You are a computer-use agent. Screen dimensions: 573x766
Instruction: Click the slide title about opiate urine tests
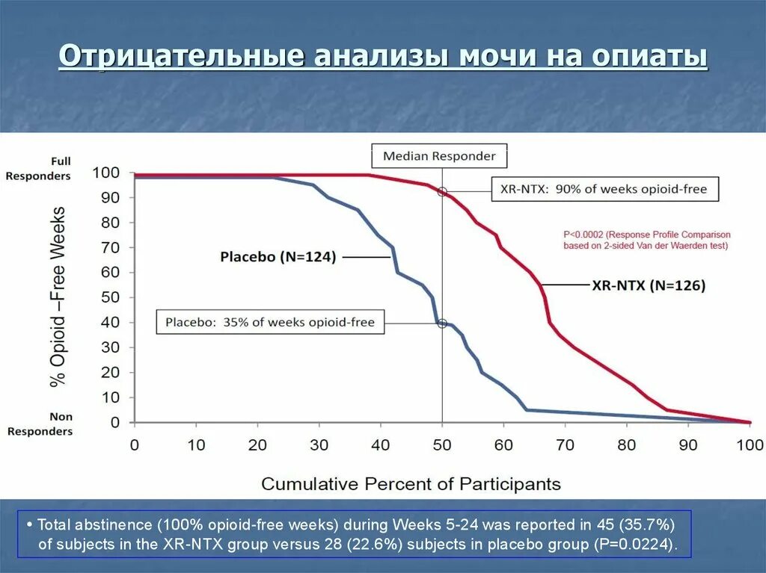pyautogui.click(x=383, y=58)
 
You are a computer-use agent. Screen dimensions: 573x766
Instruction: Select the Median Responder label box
pyautogui.click(x=439, y=156)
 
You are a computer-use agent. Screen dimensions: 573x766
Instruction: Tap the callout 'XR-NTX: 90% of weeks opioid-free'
pyautogui.click(x=604, y=189)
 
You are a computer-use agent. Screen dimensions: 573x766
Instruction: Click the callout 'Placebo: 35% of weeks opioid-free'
pyautogui.click(x=269, y=323)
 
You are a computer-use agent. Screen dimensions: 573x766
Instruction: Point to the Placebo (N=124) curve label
pyautogui.click(x=278, y=257)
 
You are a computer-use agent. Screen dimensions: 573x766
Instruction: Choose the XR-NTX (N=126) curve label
pyautogui.click(x=649, y=285)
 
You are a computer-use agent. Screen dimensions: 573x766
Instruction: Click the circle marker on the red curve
pyautogui.click(x=442, y=192)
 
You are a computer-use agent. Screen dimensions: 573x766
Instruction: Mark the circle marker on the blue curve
pyautogui.click(x=442, y=323)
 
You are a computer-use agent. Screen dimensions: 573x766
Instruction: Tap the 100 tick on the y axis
pyautogui.click(x=105, y=173)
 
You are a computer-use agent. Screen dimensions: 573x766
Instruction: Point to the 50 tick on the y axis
pyautogui.click(x=110, y=297)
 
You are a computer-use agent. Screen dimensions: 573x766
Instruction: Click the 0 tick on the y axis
pyautogui.click(x=114, y=422)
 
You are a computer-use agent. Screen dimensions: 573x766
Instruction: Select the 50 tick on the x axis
pyautogui.click(x=442, y=445)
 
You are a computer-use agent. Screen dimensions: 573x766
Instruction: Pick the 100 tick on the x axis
pyautogui.click(x=749, y=445)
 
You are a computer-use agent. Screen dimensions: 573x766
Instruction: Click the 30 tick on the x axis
pyautogui.click(x=319, y=445)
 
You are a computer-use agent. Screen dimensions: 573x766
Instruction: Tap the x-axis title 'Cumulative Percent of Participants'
pyautogui.click(x=411, y=483)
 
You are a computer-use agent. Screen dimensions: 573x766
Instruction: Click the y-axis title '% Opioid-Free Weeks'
pyautogui.click(x=58, y=297)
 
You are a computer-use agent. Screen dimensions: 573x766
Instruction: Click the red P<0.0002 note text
pyautogui.click(x=646, y=240)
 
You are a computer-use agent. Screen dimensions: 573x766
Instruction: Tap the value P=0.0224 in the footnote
pyautogui.click(x=638, y=544)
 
